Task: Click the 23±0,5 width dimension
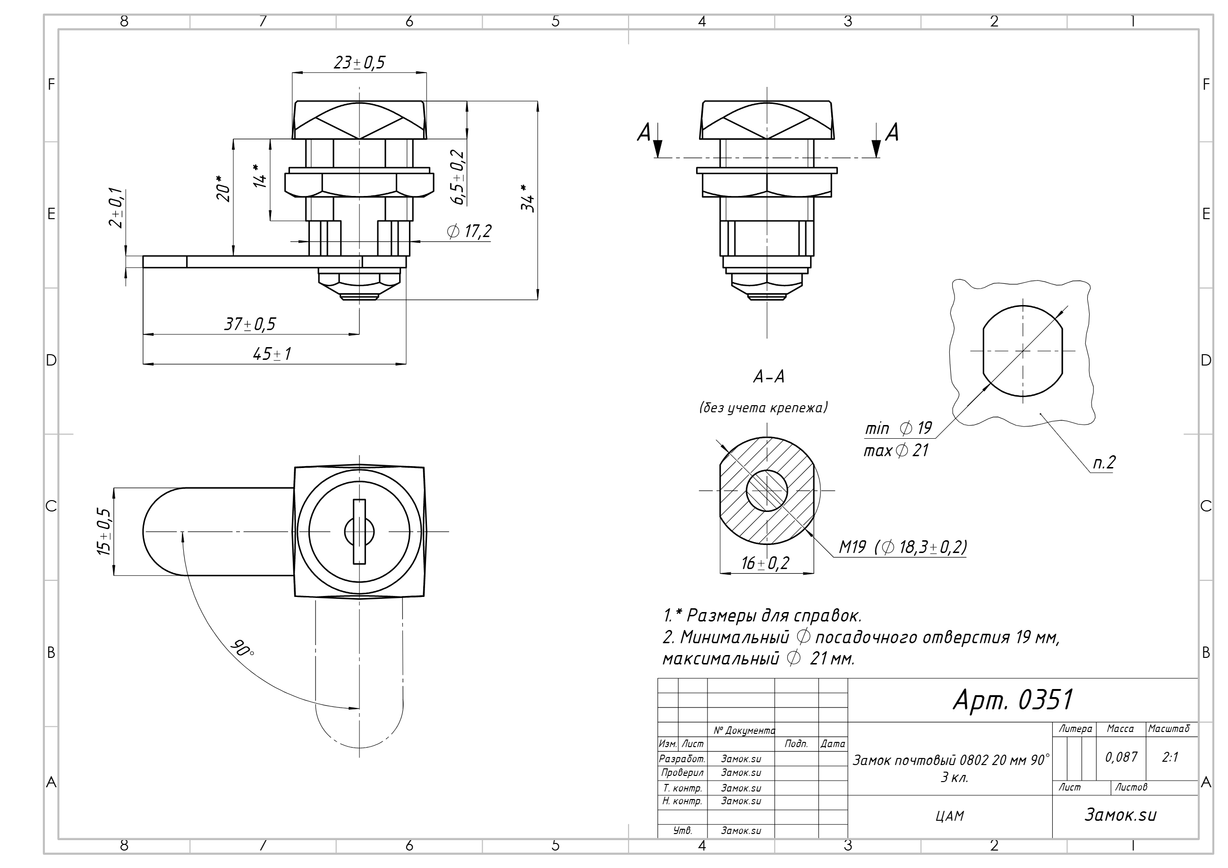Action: [359, 62]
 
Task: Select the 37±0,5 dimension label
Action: [250, 323]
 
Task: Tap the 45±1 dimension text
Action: [272, 354]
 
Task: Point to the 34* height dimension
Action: [528, 198]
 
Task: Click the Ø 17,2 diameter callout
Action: [469, 231]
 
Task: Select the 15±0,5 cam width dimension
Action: [104, 532]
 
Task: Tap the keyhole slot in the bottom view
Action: [359, 531]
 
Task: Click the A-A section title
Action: [768, 377]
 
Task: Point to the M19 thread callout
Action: [902, 546]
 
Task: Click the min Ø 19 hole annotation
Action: [898, 428]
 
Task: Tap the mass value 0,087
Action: [1121, 757]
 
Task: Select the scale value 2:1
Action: [1170, 757]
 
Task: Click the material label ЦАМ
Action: [950, 816]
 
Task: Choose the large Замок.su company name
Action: [1120, 815]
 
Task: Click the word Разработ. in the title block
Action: [682, 758]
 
